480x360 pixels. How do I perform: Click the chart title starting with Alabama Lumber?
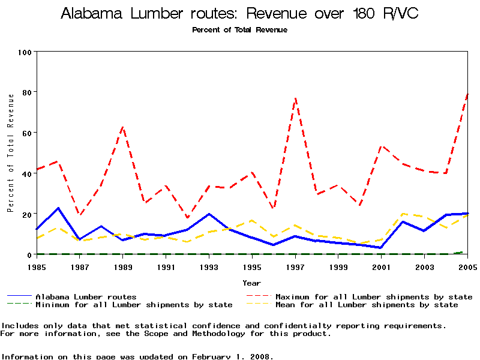(x=239, y=14)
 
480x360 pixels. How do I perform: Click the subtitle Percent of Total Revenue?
(x=239, y=29)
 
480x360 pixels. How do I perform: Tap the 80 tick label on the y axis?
(x=26, y=92)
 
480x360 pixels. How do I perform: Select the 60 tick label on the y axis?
(x=26, y=133)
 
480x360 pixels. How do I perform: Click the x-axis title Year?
(x=252, y=283)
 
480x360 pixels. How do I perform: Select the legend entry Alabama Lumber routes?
(x=86, y=297)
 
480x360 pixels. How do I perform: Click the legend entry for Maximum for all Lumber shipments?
(x=373, y=297)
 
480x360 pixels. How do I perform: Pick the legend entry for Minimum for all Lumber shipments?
(x=134, y=305)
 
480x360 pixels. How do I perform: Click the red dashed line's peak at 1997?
(x=295, y=98)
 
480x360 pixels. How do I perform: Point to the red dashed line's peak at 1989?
(x=123, y=127)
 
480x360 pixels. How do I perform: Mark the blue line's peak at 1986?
(x=58, y=208)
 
